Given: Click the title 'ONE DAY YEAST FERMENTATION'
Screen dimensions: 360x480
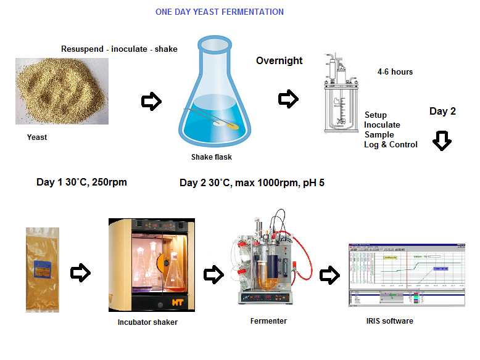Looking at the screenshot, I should [220, 12].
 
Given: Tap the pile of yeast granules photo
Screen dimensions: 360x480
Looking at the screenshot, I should [62, 91].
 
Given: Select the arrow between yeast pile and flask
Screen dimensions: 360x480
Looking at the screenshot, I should [151, 102].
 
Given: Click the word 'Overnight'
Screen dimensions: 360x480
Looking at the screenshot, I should [279, 60].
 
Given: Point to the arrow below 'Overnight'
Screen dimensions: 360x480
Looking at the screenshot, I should [288, 99].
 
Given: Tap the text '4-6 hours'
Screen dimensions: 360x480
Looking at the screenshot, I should [395, 72].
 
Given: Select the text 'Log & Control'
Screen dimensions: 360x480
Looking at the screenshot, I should [391, 144].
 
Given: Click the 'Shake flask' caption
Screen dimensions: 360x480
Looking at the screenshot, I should [211, 157].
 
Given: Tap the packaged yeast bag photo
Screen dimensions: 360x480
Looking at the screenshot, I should [43, 269].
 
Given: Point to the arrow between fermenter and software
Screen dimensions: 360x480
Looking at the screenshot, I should [329, 275].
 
